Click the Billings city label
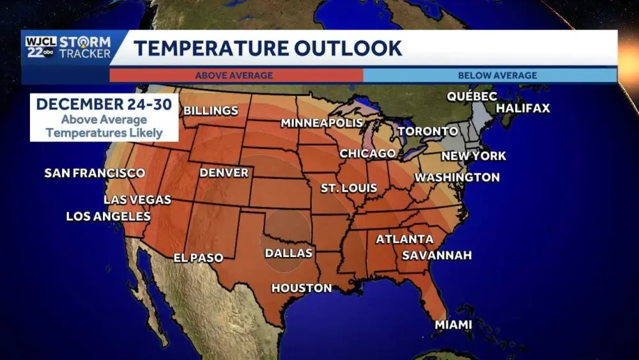pyautogui.click(x=210, y=111)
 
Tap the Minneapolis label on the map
pyautogui.click(x=321, y=123)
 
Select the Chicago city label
pyautogui.click(x=367, y=153)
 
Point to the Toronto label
pyautogui.click(x=427, y=131)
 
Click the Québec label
pyautogui.click(x=472, y=96)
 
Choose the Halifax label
pyautogui.click(x=523, y=108)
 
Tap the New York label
pyautogui.click(x=473, y=155)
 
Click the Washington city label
pyautogui.click(x=457, y=177)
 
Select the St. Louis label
pyautogui.click(x=348, y=188)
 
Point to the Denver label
pyautogui.click(x=224, y=173)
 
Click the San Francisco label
pyautogui.click(x=95, y=173)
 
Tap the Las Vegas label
pyautogui.click(x=137, y=200)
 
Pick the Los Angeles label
pyautogui.click(x=108, y=216)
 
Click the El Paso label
pyautogui.click(x=199, y=258)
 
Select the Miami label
pyautogui.click(x=453, y=325)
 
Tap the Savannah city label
pyautogui.click(x=436, y=255)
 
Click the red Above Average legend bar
pyautogui.click(x=236, y=75)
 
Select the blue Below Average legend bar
pyautogui.click(x=490, y=75)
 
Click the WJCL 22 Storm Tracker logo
pyautogui.click(x=68, y=47)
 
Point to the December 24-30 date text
pyautogui.click(x=104, y=104)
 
